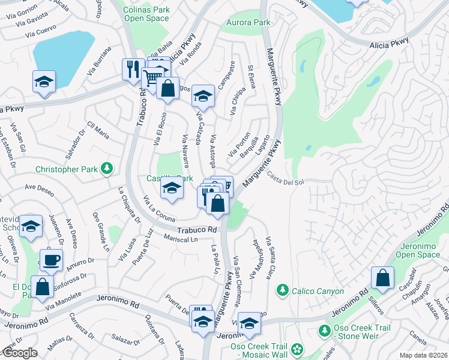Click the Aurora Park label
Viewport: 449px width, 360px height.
(248, 22)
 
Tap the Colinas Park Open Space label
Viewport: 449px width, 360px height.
(146, 14)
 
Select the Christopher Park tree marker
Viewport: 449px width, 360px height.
(107, 169)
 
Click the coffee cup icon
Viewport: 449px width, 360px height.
(51, 260)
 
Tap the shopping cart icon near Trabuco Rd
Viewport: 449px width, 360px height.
(152, 77)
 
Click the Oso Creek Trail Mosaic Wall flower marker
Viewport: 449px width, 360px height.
(295, 349)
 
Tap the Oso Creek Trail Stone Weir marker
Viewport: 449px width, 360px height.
(324, 331)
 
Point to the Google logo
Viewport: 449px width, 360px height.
(19, 353)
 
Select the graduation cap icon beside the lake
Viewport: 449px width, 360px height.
(44, 81)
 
